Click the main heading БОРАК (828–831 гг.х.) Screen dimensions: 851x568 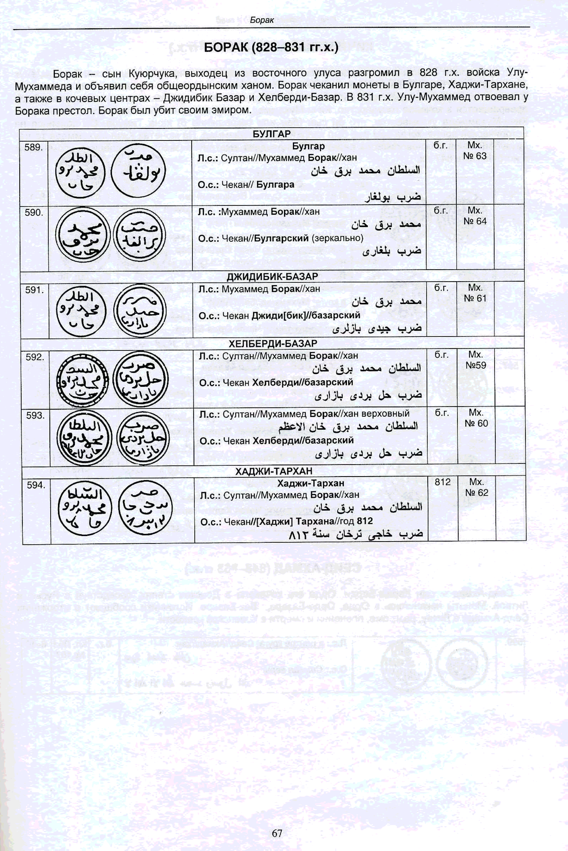271,48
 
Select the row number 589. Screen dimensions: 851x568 33,147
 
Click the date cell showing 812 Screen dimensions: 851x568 442,482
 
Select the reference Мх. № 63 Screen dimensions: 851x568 475,150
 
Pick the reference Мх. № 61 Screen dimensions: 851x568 475,293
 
